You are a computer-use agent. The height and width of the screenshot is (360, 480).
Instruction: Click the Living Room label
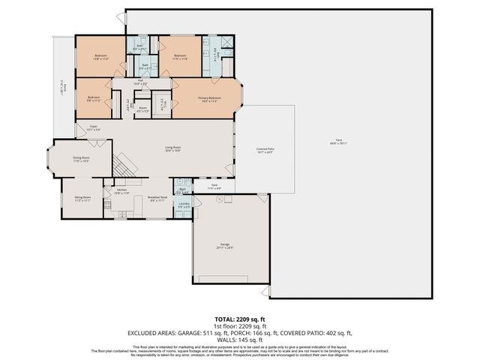173,148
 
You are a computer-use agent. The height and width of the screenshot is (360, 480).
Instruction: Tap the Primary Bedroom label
209,99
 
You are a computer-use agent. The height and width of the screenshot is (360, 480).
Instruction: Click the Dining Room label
81,159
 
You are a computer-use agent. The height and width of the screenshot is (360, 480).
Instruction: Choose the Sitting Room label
82,198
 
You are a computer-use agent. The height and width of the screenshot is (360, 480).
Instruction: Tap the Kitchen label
122,191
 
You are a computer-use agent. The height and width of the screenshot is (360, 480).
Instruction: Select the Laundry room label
184,204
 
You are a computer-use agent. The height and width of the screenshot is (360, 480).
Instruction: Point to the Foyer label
94,128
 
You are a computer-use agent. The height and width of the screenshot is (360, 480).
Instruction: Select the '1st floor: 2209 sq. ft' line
239,327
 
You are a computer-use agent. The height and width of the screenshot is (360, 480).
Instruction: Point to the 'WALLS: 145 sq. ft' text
239,340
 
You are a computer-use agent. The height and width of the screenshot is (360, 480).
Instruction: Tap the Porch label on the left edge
65,88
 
